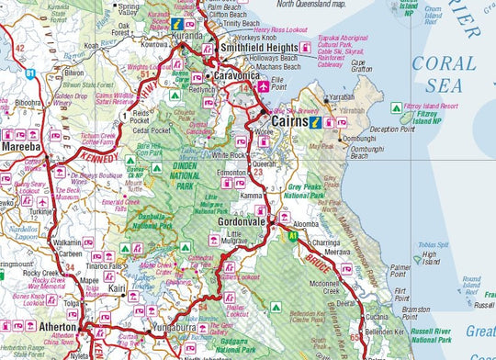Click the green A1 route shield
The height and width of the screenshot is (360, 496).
pyautogui.click(x=293, y=236)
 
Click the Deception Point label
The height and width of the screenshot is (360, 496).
pyautogui.click(x=393, y=129)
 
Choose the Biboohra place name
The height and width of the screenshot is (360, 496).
pyautogui.click(x=28, y=104)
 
